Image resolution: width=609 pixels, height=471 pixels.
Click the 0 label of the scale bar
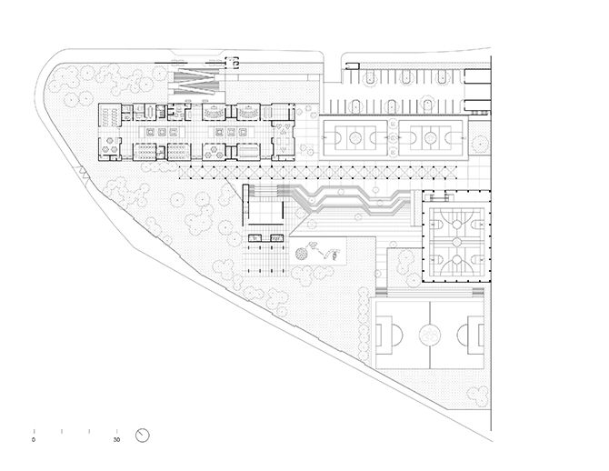pyautogui.click(x=34, y=440)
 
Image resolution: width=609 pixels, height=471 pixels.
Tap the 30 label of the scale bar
pyautogui.click(x=117, y=440)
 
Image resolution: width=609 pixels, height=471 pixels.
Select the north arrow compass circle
pyautogui.click(x=143, y=436)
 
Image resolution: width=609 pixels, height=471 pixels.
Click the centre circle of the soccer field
pyautogui.click(x=430, y=335)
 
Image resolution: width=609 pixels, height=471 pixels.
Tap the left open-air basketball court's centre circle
pyautogui.click(x=355, y=137)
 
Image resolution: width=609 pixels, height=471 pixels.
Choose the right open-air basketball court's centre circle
pyautogui.click(x=430, y=137)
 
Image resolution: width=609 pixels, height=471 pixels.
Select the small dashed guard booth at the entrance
pyautogui.click(x=233, y=62)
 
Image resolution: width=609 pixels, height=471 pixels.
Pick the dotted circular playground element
pyautogui.click(x=301, y=254)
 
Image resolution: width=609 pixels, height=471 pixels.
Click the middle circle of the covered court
pyautogui.click(x=457, y=242)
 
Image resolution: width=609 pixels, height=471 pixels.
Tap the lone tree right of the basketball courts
pyautogui.click(x=480, y=144)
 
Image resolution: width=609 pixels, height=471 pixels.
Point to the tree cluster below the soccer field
pyautogui.click(x=478, y=395)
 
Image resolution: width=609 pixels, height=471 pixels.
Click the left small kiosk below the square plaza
pyautogui.click(x=255, y=238)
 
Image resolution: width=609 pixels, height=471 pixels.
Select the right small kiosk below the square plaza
pyautogui.click(x=276, y=238)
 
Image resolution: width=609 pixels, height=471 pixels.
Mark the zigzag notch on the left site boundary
pyautogui.click(x=84, y=171)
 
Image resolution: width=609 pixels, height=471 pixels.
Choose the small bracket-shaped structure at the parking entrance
pyautogui.click(x=353, y=66)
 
